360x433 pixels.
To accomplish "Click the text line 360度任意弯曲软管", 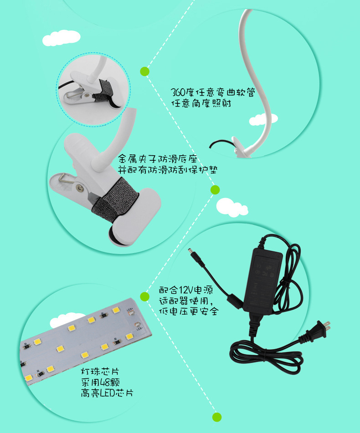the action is [212, 92].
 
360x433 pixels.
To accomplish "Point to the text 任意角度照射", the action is [201, 103].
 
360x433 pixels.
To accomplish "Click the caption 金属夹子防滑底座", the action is [158, 159].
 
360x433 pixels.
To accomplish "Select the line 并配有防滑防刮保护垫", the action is [168, 169].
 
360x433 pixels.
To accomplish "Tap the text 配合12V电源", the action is [186, 290].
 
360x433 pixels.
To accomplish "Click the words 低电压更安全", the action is [189, 311].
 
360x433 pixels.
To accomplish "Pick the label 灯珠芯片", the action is [100, 371].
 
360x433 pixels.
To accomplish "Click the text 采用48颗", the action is [100, 382].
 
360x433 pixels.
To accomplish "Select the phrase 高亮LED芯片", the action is [107, 392].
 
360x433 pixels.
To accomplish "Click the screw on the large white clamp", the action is [80, 188].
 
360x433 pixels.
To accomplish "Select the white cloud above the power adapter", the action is [232, 207].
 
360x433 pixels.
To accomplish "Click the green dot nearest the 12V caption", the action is [144, 296].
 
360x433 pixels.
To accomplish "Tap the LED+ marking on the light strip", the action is [130, 311].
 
